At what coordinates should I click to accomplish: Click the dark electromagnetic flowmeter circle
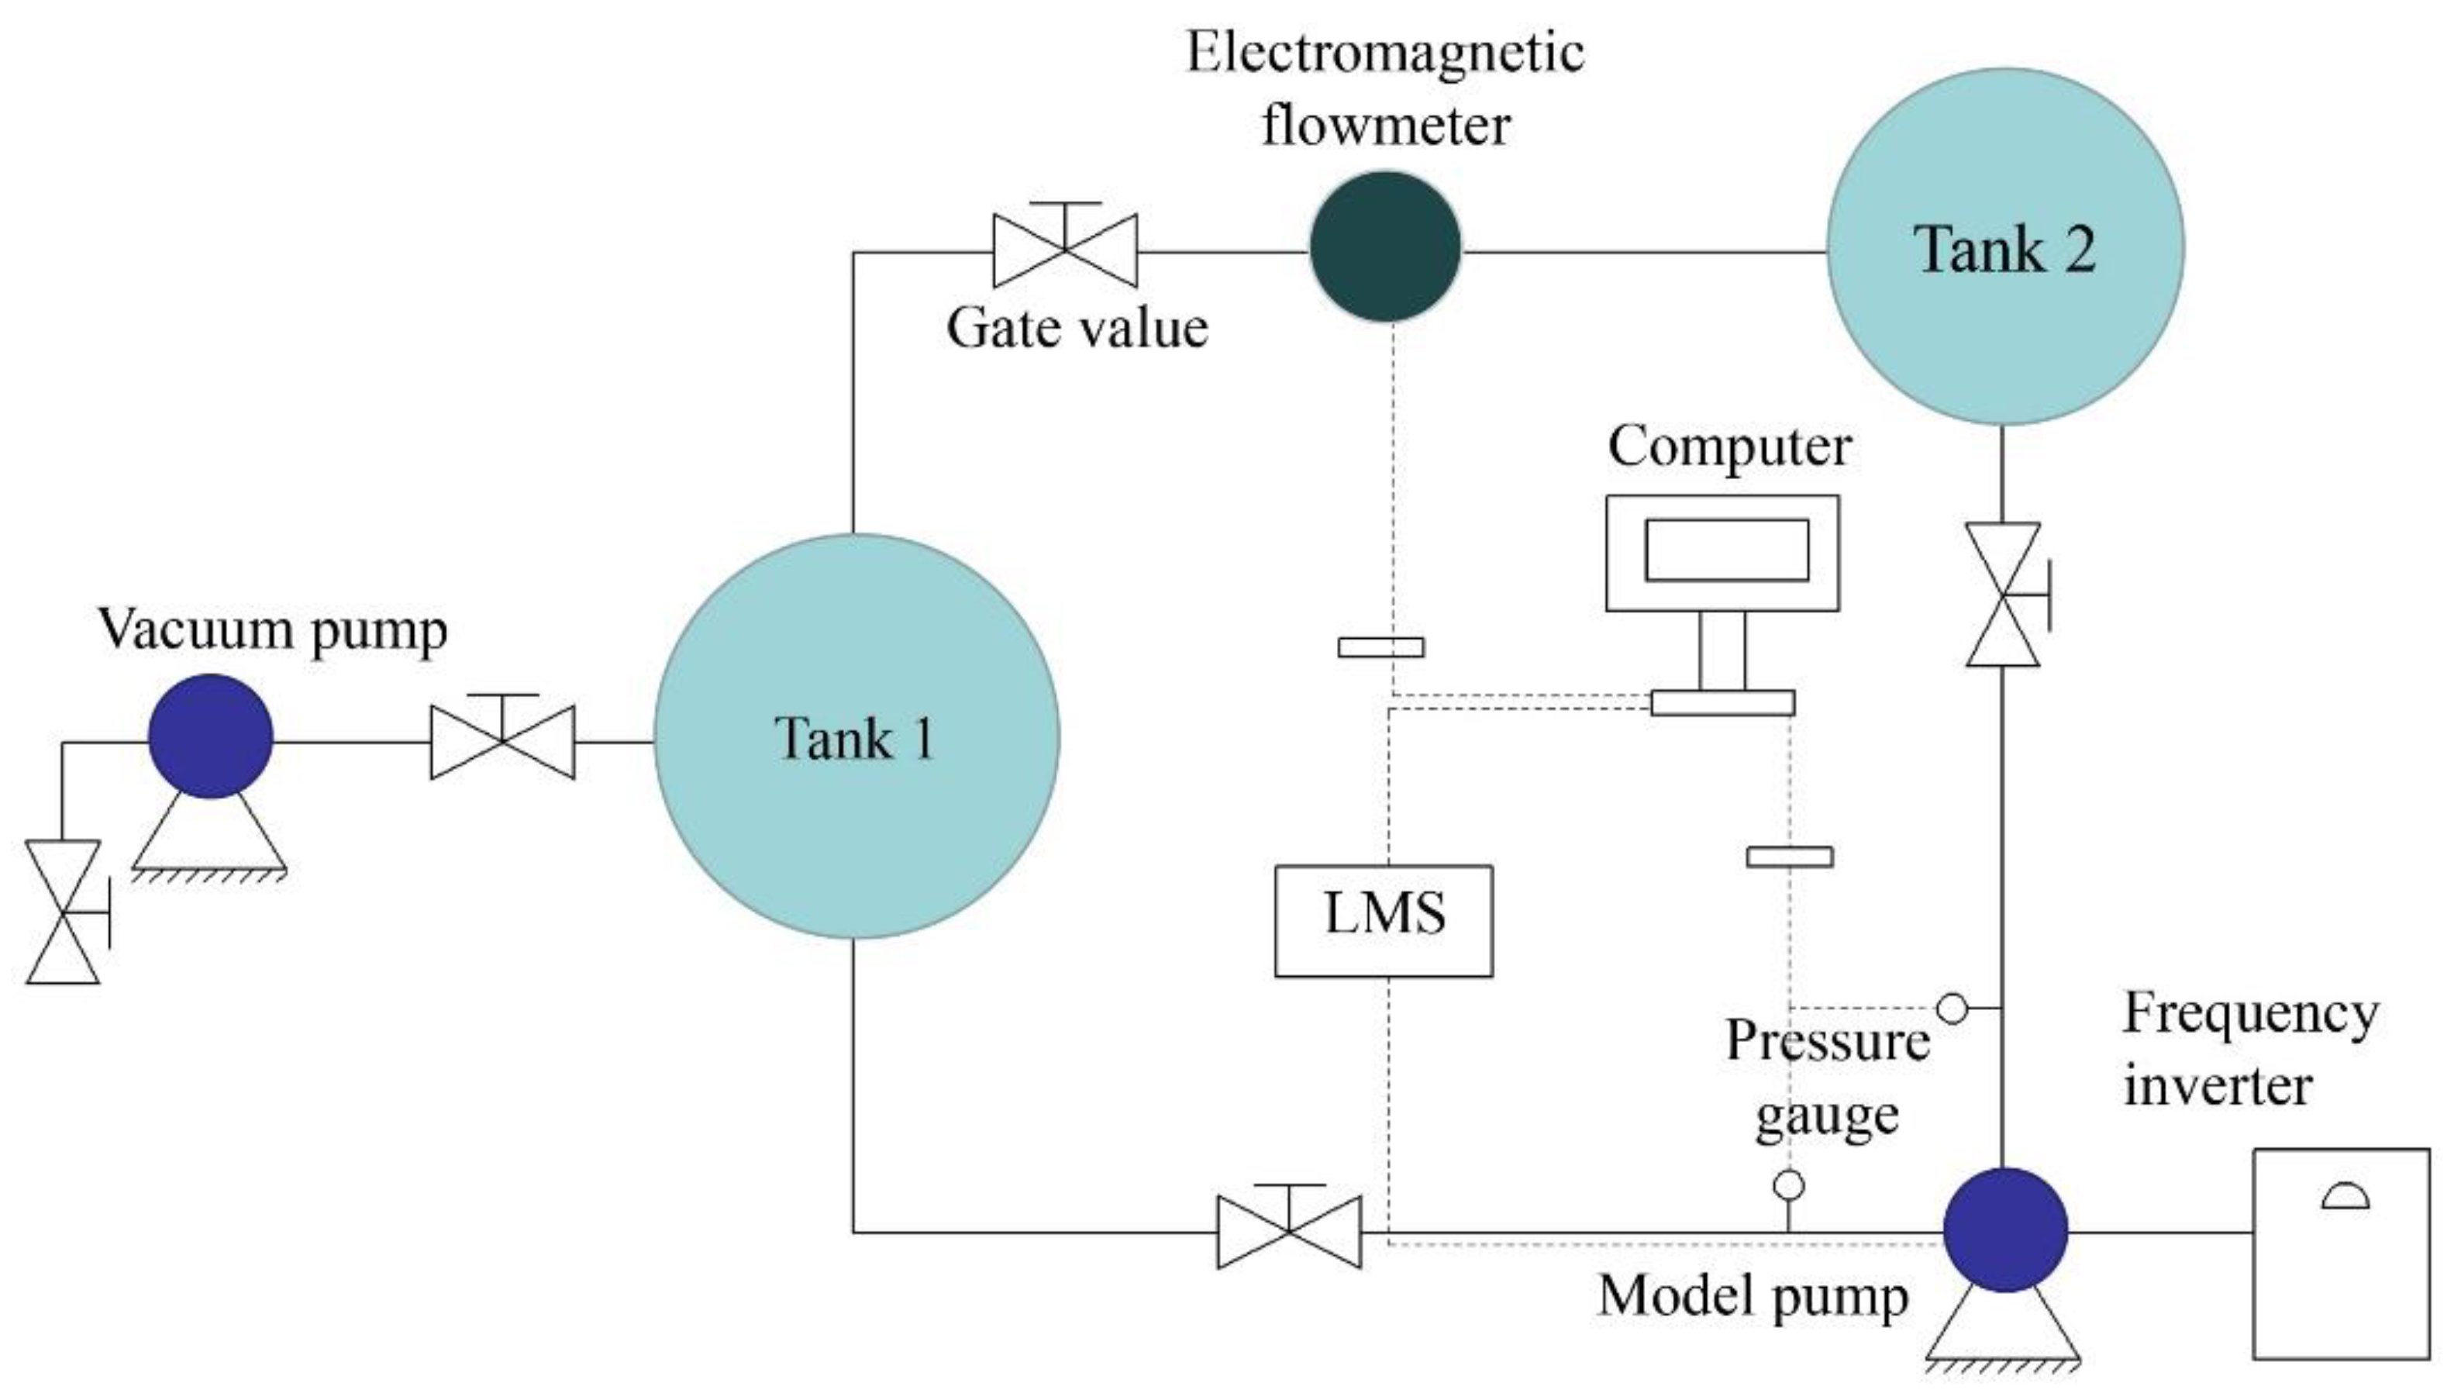1385,247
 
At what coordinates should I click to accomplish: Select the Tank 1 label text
854,740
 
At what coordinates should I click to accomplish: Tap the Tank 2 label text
2005,249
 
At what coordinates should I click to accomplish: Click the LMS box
1384,920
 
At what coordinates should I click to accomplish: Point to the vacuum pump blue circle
211,736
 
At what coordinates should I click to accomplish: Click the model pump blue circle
2005,1229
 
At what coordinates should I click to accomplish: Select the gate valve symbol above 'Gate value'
1065,249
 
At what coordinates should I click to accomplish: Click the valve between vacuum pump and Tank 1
503,740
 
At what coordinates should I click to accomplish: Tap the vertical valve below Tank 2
2003,595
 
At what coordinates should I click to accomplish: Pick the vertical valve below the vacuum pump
64,912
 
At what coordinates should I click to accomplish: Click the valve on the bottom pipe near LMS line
1289,1232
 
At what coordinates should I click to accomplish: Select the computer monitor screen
1726,550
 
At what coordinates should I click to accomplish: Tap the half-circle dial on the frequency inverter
2345,1197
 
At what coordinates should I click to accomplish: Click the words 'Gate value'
1077,328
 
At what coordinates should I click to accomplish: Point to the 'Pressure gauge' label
1826,1078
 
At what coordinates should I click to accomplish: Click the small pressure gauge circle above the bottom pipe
1788,1185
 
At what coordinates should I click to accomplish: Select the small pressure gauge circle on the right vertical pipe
1951,1008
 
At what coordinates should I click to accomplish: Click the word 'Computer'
1729,447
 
